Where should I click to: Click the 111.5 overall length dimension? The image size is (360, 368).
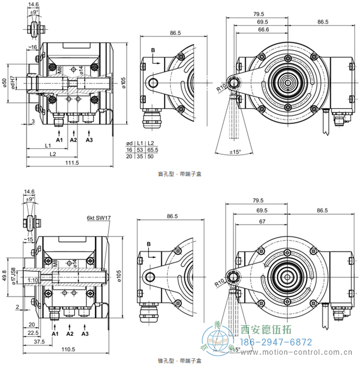[x=73, y=163]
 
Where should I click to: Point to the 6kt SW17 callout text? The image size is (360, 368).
[x=99, y=219]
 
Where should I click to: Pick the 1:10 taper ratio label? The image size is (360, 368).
[x=31, y=280]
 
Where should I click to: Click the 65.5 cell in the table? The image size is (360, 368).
[x=152, y=150]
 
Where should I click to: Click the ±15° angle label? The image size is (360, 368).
[x=235, y=152]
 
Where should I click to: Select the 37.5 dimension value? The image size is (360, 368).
[x=39, y=341]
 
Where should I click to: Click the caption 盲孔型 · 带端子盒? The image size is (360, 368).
[x=180, y=174]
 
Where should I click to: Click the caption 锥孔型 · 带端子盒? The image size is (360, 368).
[x=180, y=361]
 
